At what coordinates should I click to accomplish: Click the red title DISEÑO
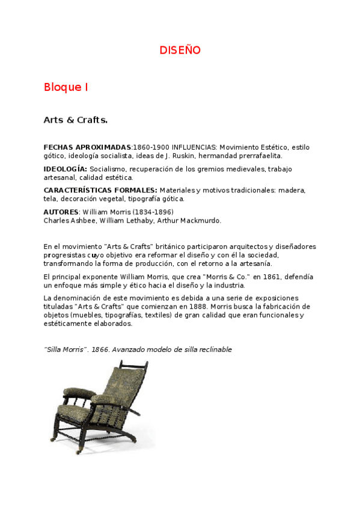(180, 51)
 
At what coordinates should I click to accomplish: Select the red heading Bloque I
(66, 87)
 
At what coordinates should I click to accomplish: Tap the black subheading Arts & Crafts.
(75, 120)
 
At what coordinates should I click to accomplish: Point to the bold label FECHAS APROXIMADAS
(87, 147)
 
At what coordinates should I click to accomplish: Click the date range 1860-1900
(151, 147)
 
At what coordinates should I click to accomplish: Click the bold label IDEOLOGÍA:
(66, 168)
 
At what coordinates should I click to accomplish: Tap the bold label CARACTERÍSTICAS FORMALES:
(100, 190)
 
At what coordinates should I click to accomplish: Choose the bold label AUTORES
(61, 212)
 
